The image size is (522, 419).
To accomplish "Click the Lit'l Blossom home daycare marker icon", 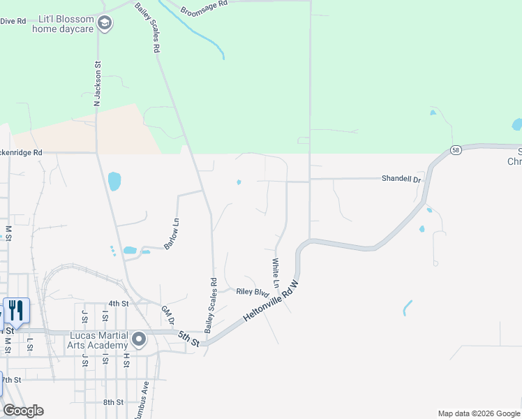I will (105, 24).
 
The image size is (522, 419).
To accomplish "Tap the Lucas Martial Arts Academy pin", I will (139, 340).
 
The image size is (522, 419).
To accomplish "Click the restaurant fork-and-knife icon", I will (15, 311).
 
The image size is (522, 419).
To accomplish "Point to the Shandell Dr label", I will (402, 179).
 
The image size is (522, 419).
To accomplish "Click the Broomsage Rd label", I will (204, 8).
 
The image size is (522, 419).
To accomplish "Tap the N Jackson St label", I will (98, 83).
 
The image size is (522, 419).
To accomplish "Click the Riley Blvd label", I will (253, 292).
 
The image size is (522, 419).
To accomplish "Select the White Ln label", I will (276, 273).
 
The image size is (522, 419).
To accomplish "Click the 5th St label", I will (188, 339).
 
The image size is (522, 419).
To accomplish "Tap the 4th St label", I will (119, 304).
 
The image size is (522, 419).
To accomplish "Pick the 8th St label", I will (113, 402).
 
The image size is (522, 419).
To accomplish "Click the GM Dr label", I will (167, 316).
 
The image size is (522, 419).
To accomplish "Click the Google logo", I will (23, 411).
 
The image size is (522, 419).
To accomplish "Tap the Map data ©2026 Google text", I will (477, 413).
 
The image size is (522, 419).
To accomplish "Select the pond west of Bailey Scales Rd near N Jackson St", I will (114, 182).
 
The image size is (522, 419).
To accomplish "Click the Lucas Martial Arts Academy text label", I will (98, 340).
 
